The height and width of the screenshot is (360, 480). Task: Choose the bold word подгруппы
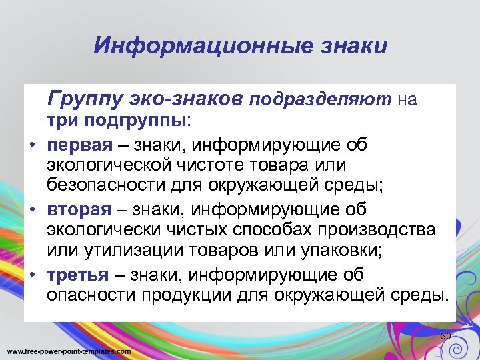pyautogui.click(x=144, y=122)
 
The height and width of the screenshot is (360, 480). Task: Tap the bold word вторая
pyautogui.click(x=79, y=210)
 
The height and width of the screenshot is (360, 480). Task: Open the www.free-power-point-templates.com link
pyautogui.click(x=69, y=351)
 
